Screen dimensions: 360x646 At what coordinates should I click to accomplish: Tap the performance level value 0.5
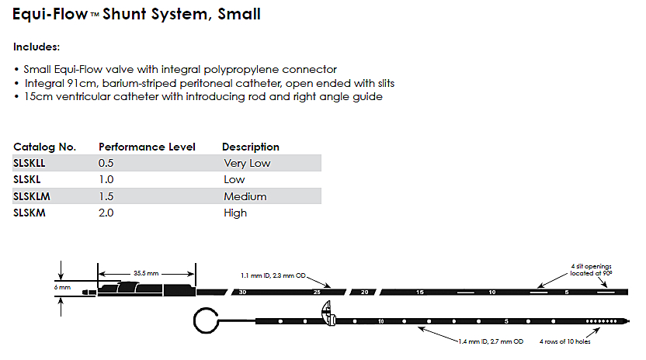[106, 163]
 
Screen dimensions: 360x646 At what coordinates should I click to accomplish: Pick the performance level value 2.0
[106, 213]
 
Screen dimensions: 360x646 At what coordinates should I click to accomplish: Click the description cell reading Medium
[245, 196]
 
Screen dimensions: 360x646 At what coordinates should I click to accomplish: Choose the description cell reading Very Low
[246, 163]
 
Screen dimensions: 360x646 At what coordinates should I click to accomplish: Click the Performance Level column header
[147, 147]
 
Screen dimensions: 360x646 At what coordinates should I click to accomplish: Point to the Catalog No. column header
[44, 147]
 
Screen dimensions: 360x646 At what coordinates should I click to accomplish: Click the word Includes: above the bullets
[36, 47]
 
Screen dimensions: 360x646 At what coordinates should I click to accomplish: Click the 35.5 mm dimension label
[147, 273]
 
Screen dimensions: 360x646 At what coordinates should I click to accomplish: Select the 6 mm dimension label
[64, 287]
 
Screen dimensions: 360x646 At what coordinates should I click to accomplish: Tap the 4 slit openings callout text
[592, 269]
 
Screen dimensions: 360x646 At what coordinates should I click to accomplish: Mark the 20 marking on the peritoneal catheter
[363, 292]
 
